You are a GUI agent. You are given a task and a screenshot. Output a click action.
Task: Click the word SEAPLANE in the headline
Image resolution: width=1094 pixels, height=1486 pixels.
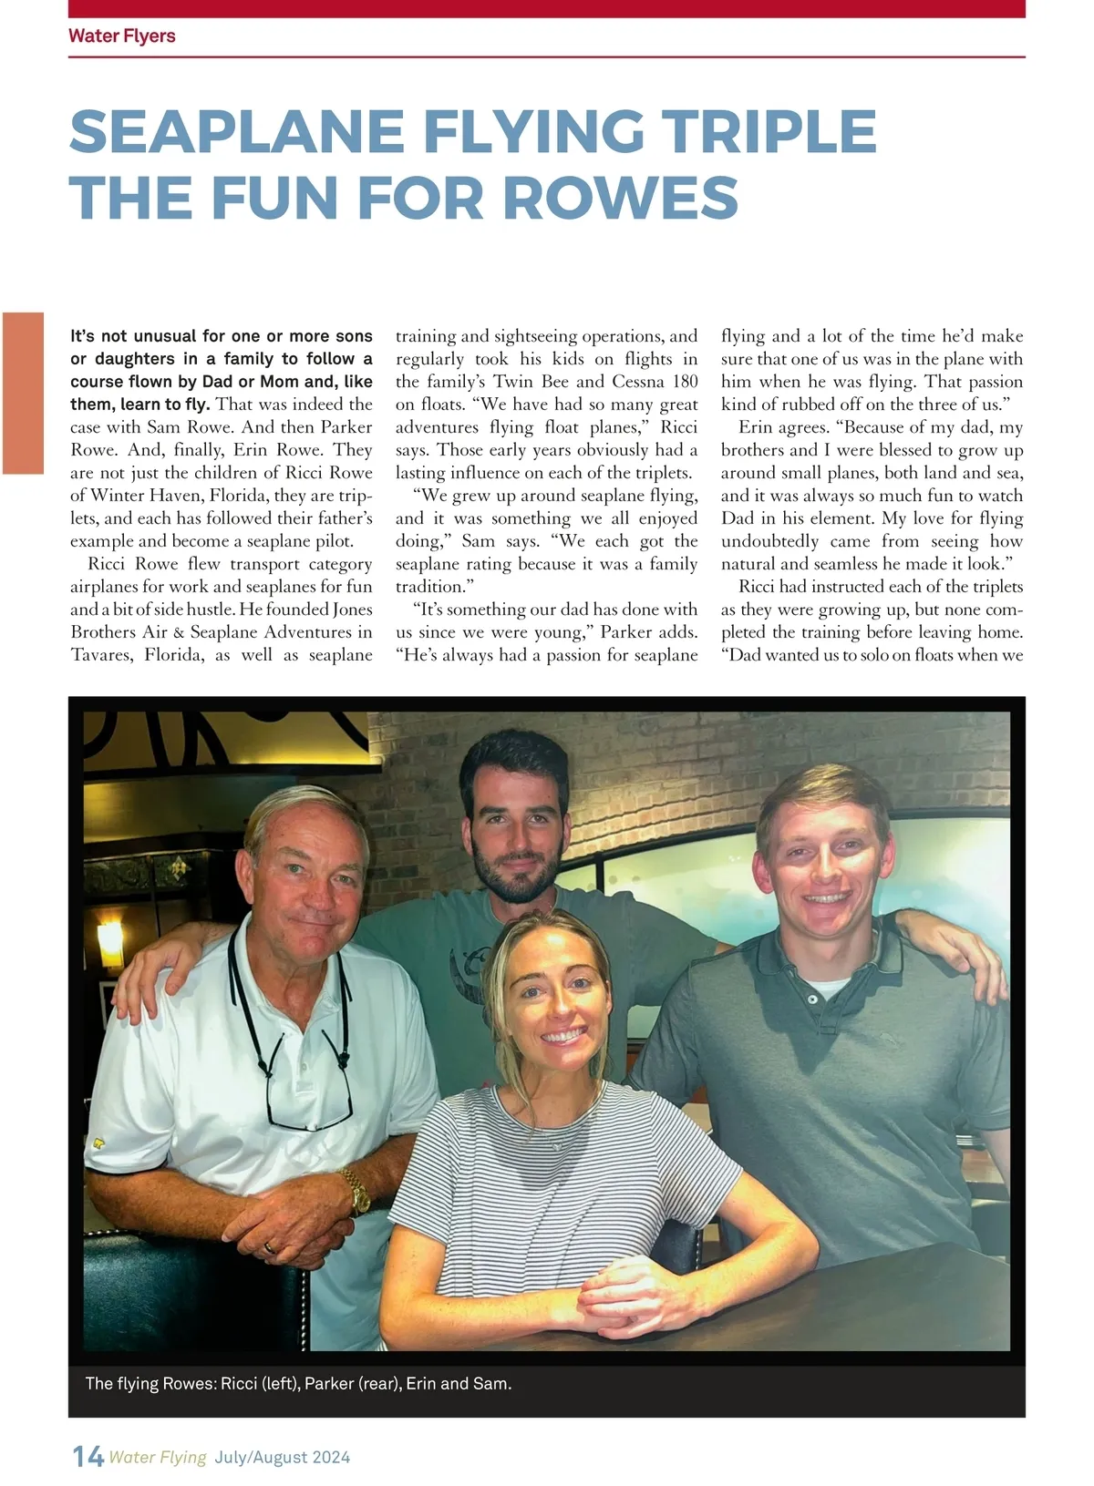237,131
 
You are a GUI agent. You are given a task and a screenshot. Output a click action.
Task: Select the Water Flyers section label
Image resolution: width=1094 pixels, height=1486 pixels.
121,36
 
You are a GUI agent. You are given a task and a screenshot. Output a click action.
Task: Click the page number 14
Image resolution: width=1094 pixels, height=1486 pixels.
88,1457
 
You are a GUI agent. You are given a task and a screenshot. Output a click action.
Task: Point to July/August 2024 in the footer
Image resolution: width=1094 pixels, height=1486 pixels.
283,1457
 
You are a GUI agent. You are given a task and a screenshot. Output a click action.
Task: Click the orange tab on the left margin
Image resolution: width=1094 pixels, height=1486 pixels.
23,393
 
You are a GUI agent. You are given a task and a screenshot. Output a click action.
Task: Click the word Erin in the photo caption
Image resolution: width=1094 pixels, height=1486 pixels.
420,1383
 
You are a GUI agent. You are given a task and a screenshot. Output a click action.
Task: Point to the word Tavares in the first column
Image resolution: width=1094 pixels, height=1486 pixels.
101,655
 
